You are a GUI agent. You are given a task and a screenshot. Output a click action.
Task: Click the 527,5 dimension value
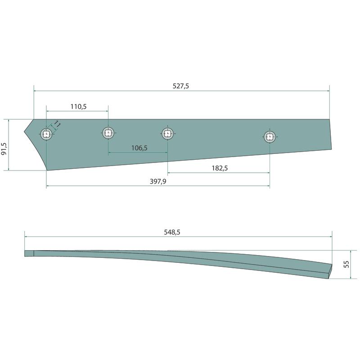coord(181,86)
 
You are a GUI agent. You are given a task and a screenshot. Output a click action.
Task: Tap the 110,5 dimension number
coord(78,107)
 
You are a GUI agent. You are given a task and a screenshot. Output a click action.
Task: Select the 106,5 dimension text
coord(139,148)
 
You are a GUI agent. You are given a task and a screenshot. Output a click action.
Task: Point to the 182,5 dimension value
coord(220,168)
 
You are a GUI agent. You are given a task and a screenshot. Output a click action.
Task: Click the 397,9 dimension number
coord(158,181)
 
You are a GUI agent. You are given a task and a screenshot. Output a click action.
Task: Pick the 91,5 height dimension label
coord(4,149)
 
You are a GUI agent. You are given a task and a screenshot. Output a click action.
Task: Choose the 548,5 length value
coord(172,232)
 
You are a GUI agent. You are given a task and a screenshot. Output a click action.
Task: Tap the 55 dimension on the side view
coord(346,264)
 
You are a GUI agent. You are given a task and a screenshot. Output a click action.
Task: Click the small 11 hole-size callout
coord(58,124)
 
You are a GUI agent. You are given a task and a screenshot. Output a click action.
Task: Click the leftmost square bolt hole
coord(46,134)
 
